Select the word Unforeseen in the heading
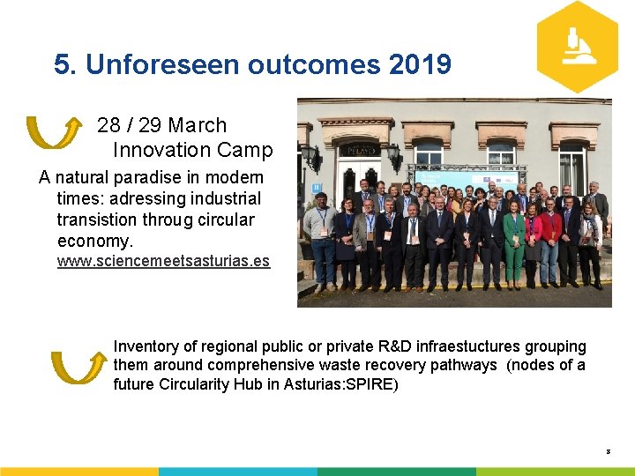(x=164, y=64)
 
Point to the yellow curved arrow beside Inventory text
(x=78, y=367)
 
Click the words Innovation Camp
(x=192, y=150)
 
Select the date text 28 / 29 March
(x=161, y=125)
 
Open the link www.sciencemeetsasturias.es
(x=163, y=261)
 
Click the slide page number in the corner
(x=608, y=451)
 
